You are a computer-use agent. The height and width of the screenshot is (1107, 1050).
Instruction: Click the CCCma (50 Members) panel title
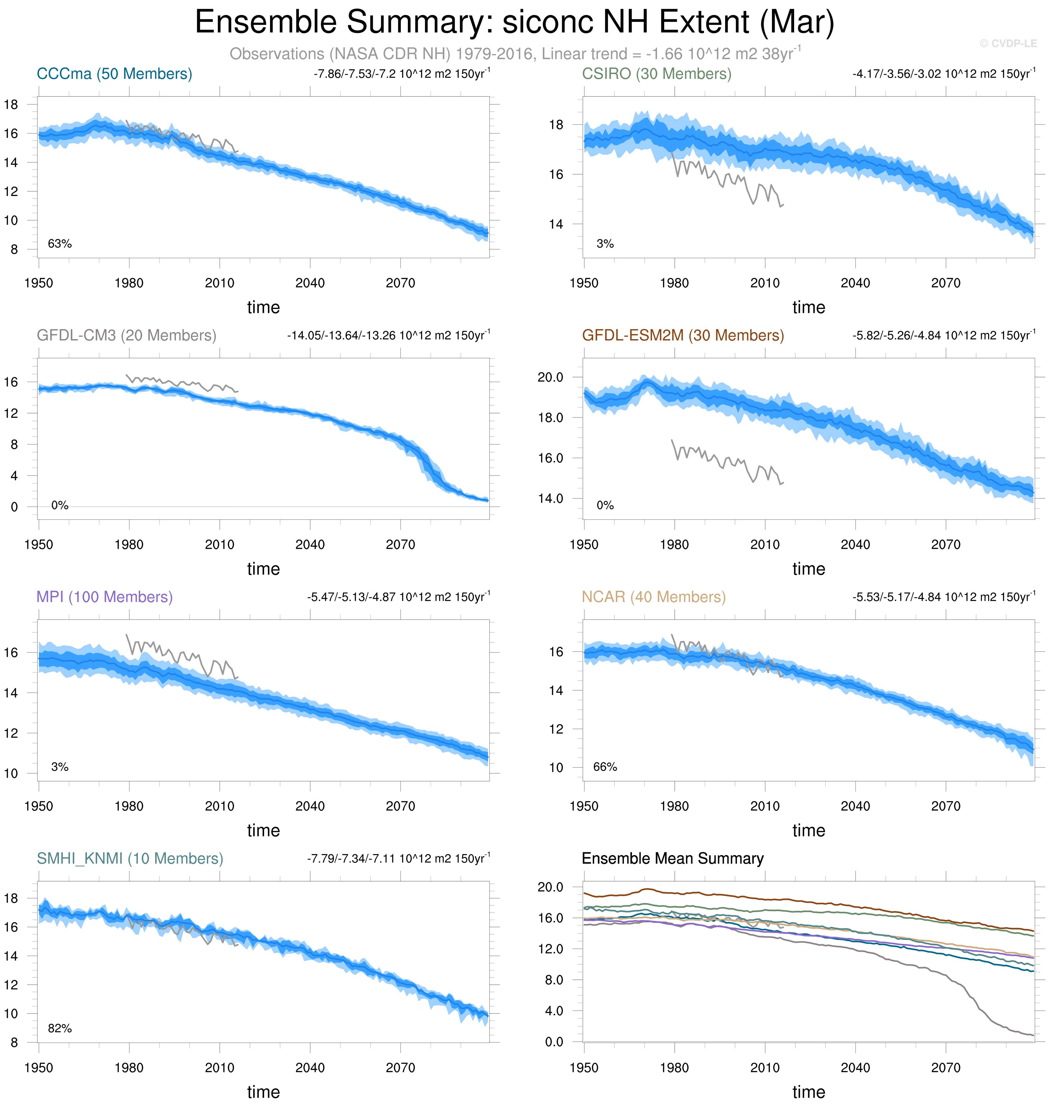click(114, 74)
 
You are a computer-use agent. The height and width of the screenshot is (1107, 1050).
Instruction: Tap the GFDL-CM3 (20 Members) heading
click(126, 335)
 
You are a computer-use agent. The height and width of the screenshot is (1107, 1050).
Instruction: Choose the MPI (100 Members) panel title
click(105, 597)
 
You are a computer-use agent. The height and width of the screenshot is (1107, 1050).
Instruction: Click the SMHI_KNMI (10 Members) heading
click(130, 858)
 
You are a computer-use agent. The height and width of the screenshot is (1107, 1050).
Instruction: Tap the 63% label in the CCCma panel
click(60, 244)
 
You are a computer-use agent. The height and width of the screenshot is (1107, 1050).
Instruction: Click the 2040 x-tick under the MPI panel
click(310, 806)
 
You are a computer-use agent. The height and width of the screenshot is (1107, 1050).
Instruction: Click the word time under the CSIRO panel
click(808, 308)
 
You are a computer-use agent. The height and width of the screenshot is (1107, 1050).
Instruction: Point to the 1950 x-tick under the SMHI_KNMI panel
click(39, 1068)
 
